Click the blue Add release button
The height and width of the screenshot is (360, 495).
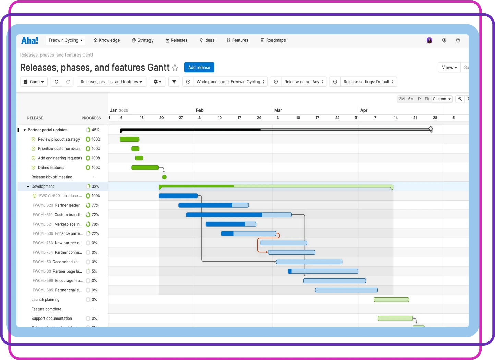[x=199, y=68]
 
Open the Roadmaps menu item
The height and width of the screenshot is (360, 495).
[x=273, y=40]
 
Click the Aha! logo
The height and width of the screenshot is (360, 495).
[x=30, y=40]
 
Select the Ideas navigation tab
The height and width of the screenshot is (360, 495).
[x=207, y=40]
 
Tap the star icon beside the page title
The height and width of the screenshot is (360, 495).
[x=175, y=68]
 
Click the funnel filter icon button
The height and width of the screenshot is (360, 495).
[x=174, y=82]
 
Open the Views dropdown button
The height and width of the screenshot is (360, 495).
[x=449, y=68]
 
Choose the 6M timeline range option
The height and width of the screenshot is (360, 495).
[x=411, y=99]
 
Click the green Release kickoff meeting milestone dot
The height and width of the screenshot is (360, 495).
[x=164, y=177]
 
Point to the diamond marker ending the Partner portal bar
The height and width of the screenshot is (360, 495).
[x=431, y=129]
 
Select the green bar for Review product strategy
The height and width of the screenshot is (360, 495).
[x=129, y=139]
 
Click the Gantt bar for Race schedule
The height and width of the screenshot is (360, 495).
[x=309, y=262]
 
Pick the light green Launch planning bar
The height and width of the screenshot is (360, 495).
[x=391, y=300]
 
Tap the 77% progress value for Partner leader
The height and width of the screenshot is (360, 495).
[x=95, y=205]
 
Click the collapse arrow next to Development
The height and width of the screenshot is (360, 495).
[x=28, y=187]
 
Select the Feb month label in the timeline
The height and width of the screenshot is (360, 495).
[x=200, y=110]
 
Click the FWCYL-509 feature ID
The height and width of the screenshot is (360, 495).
[x=43, y=233]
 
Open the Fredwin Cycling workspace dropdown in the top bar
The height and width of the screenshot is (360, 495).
[x=65, y=40]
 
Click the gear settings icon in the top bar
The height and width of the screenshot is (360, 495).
[x=444, y=40]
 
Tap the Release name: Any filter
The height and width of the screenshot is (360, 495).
[x=304, y=82]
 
